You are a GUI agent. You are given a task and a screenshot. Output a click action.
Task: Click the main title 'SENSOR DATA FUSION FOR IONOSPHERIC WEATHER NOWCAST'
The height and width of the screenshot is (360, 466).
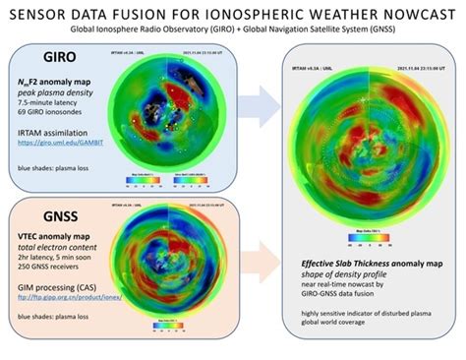pyautogui.click(x=233, y=12)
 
